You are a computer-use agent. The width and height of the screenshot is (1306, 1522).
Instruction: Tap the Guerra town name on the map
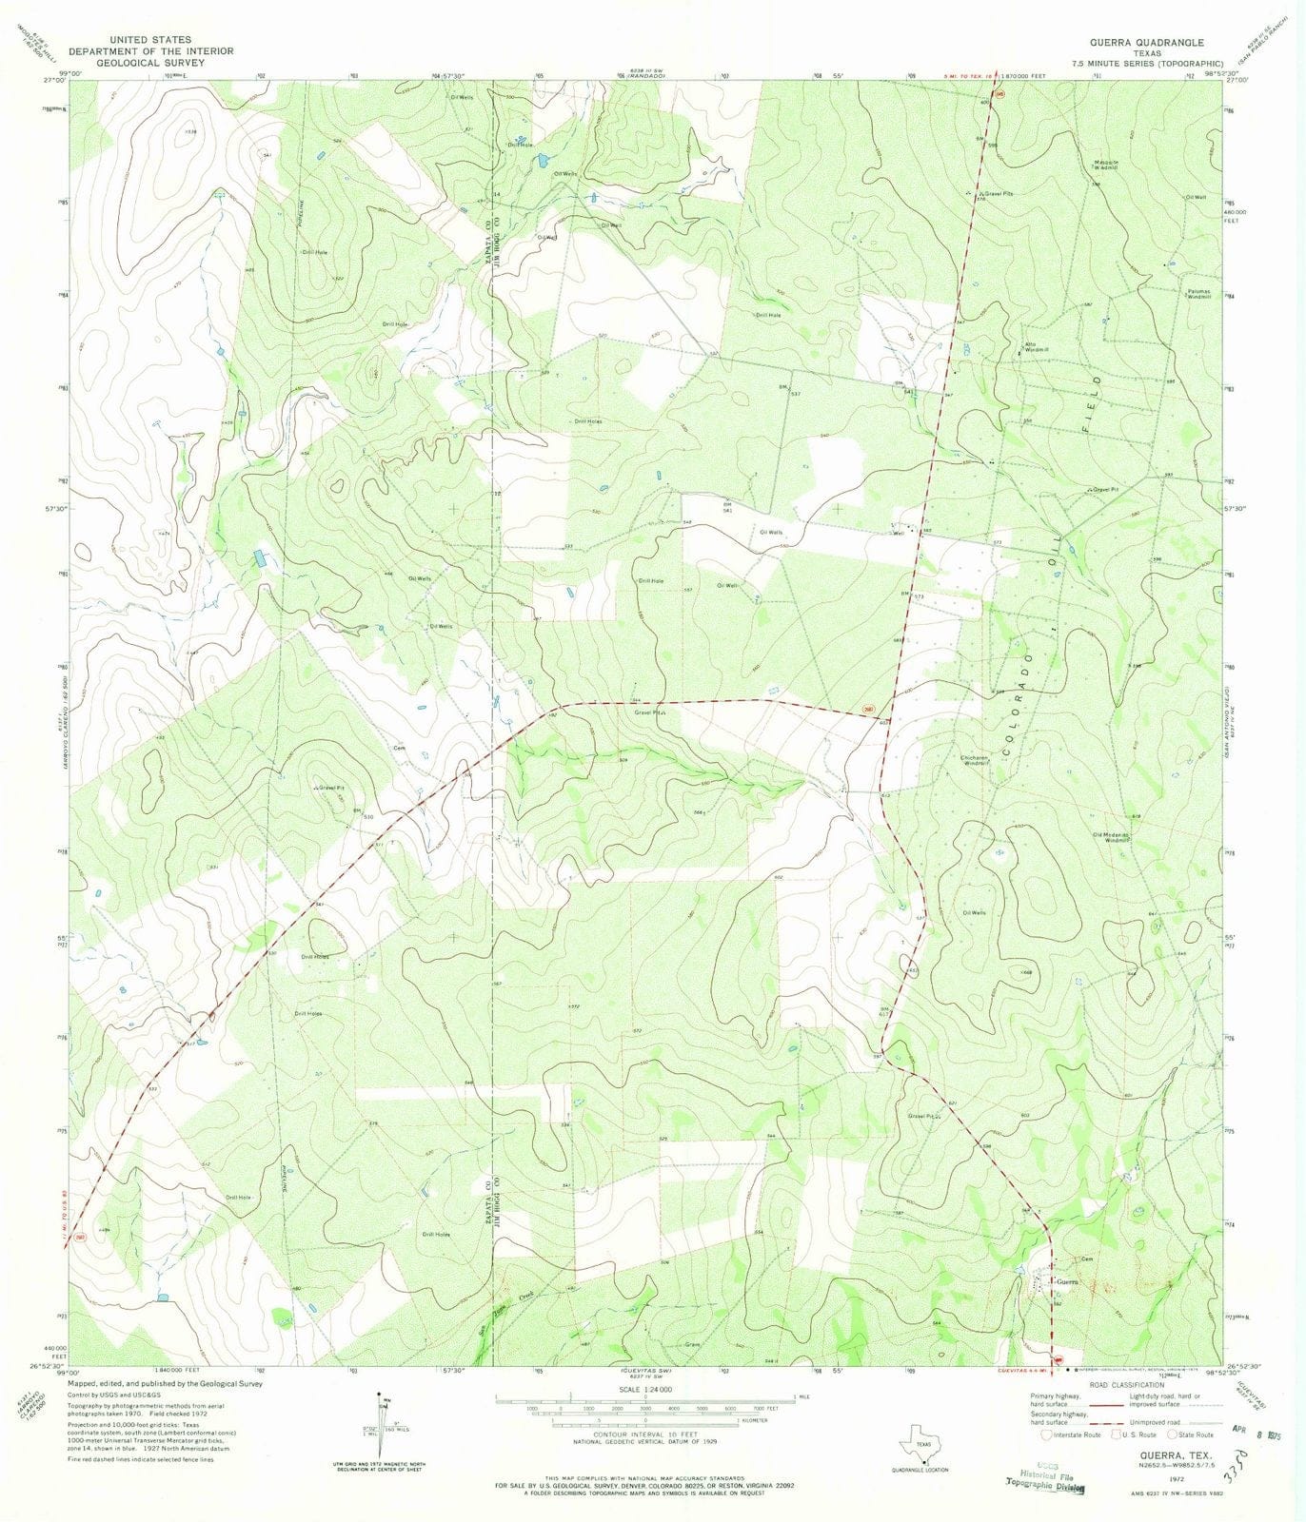tap(1064, 1282)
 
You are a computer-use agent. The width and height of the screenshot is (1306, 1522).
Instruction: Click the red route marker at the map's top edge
tap(999, 93)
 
